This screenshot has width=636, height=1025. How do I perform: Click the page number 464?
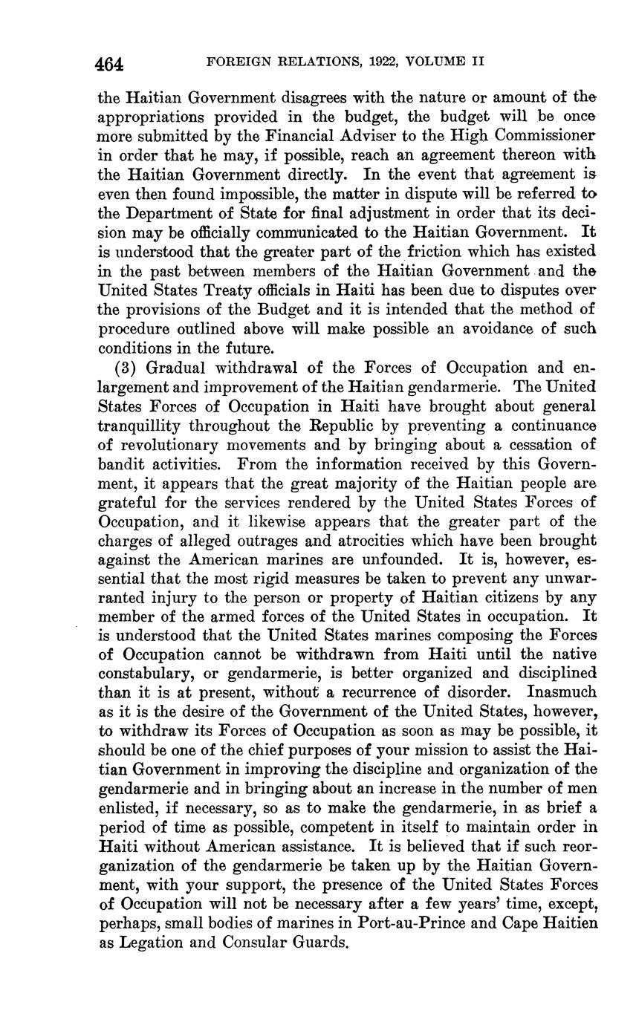[x=109, y=64]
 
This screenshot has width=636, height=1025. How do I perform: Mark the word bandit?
[x=121, y=464]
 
